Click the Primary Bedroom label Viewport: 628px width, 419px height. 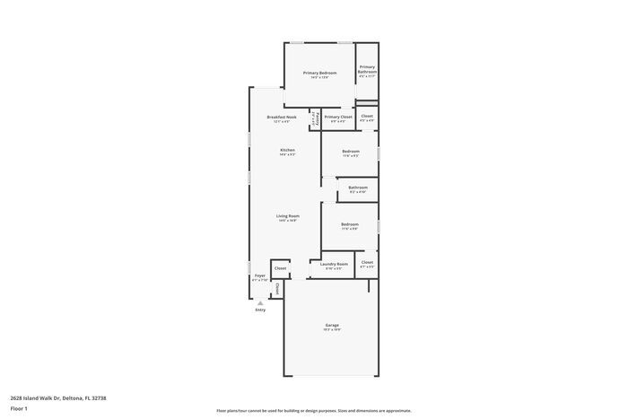click(319, 73)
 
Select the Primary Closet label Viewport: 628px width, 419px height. click(338, 117)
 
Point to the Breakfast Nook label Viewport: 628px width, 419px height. click(282, 118)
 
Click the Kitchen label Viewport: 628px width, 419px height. click(287, 150)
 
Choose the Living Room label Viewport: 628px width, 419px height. click(287, 216)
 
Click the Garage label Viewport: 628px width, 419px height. click(332, 325)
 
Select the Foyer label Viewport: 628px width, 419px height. click(260, 275)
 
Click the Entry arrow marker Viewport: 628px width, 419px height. click(260, 302)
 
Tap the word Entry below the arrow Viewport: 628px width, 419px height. click(260, 310)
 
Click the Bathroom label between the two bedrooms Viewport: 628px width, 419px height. click(358, 188)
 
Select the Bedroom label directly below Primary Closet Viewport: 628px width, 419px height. click(350, 152)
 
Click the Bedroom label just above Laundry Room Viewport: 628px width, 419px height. click(349, 224)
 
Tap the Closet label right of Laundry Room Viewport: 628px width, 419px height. click(367, 263)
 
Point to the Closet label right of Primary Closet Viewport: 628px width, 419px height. click(367, 116)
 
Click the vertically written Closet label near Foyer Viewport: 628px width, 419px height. click(277, 289)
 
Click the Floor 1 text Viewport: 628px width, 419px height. click(19, 408)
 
